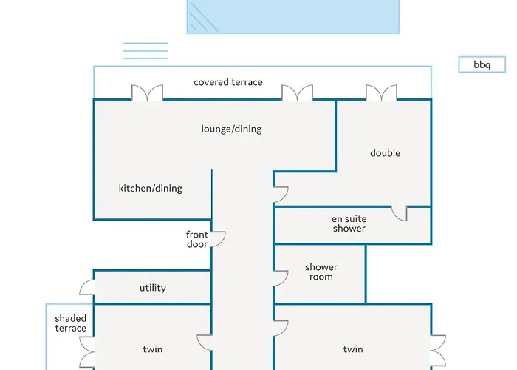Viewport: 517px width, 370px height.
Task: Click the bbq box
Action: [482, 64]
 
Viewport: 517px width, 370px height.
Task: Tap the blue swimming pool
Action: [293, 16]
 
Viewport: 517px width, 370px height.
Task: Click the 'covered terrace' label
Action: [228, 82]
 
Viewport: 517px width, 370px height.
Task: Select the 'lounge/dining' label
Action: [231, 129]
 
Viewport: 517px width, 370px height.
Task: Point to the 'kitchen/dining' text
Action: [151, 188]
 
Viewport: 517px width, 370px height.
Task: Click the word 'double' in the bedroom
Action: [385, 153]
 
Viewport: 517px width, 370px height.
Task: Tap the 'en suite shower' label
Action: [349, 223]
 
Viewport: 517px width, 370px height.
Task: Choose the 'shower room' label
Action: [321, 272]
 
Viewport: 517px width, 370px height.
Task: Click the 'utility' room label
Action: [153, 288]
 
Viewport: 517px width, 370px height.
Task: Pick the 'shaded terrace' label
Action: [71, 323]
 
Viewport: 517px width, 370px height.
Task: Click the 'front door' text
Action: [197, 239]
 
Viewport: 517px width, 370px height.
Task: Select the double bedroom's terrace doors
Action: [382, 92]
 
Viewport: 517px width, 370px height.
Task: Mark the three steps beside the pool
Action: [145, 51]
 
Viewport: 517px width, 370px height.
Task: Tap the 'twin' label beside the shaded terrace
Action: [153, 349]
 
